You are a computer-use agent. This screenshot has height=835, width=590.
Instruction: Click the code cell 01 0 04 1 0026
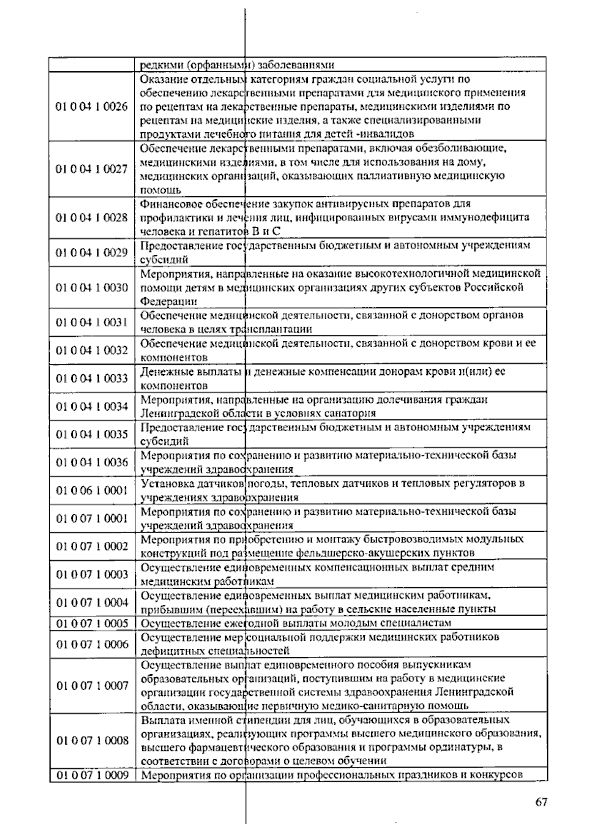pos(91,107)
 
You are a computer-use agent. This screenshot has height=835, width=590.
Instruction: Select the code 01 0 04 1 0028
pos(91,218)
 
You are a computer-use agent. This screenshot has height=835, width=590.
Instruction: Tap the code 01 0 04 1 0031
pos(91,323)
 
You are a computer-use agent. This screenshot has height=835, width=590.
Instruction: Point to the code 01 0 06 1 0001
pos(91,490)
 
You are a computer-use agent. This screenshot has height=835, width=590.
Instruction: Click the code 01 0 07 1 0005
pos(91,624)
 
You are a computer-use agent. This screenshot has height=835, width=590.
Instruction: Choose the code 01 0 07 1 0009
pos(91,775)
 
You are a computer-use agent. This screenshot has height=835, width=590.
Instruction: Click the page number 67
pos(541,802)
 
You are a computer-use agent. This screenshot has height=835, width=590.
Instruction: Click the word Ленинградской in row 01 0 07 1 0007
pos(474,692)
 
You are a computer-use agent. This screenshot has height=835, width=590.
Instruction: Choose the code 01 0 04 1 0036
pos(91,462)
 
